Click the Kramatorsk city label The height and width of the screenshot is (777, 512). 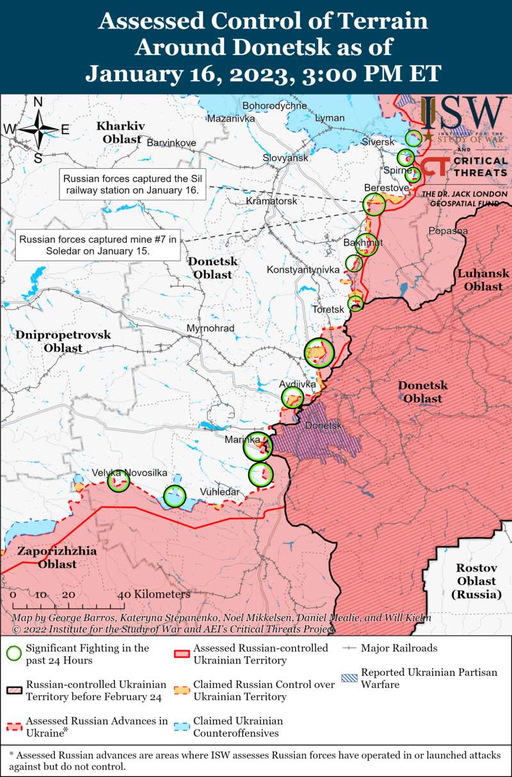click(272, 201)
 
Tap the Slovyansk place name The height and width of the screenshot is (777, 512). click(285, 157)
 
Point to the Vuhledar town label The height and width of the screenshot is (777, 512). click(220, 492)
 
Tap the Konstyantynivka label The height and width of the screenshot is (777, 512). click(303, 270)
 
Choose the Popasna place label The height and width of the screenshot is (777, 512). click(448, 230)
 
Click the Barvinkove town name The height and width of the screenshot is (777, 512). click(172, 142)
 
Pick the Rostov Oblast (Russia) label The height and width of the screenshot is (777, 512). click(476, 581)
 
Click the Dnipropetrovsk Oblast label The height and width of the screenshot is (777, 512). click(63, 341)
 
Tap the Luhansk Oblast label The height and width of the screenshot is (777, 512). click(483, 280)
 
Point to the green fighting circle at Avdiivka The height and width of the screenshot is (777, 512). click(293, 397)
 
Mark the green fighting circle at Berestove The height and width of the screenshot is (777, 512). click(374, 205)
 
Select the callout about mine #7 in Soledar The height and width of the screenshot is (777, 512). click(97, 245)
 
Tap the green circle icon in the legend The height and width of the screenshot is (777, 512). click(13, 653)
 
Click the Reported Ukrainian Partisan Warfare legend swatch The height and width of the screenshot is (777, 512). click(349, 678)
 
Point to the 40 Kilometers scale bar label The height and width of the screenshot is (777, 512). click(154, 594)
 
